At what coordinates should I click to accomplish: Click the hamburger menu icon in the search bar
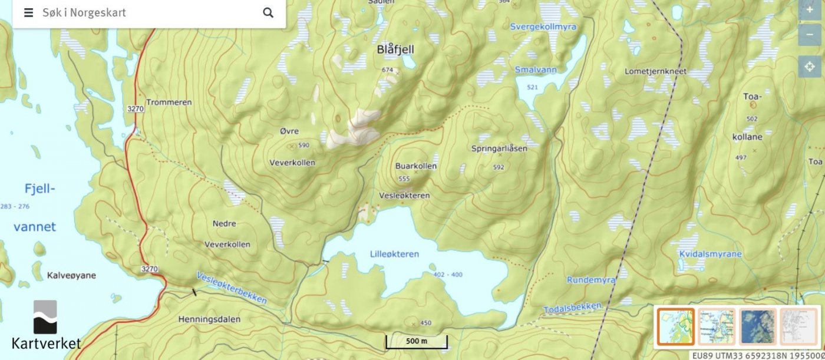[x=28, y=13]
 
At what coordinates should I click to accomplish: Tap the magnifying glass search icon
[x=268, y=13]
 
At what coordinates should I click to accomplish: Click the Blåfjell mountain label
[x=395, y=50]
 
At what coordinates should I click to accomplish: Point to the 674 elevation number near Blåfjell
[x=387, y=70]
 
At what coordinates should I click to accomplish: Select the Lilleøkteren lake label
[x=394, y=254]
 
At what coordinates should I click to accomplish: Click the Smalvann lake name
[x=535, y=70]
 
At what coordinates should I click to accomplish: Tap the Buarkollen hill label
[x=416, y=166]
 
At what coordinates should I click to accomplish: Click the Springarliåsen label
[x=499, y=148]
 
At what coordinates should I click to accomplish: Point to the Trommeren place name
[x=169, y=102]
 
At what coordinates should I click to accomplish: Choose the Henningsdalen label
[x=209, y=319]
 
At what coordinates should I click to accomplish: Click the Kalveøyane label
[x=71, y=275]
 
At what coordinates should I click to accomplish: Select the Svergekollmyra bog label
[x=543, y=27]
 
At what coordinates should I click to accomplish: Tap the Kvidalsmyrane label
[x=709, y=254]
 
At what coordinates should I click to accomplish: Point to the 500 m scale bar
[x=416, y=342]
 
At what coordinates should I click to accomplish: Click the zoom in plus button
[x=810, y=10]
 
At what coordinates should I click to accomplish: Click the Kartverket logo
[x=46, y=325]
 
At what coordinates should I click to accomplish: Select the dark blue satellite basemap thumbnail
[x=757, y=326]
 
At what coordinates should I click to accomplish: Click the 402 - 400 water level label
[x=448, y=275]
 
